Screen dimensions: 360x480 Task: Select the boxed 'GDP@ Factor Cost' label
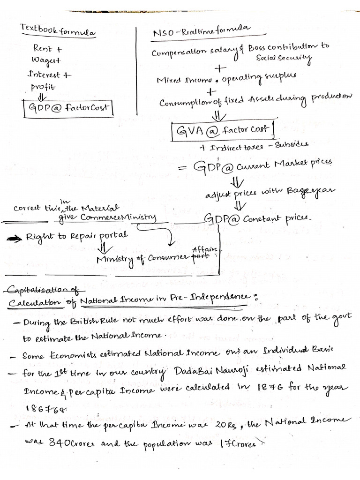pos(68,107)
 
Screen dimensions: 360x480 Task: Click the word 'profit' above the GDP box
pos(43,87)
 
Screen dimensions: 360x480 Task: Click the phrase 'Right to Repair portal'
pos(77,236)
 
